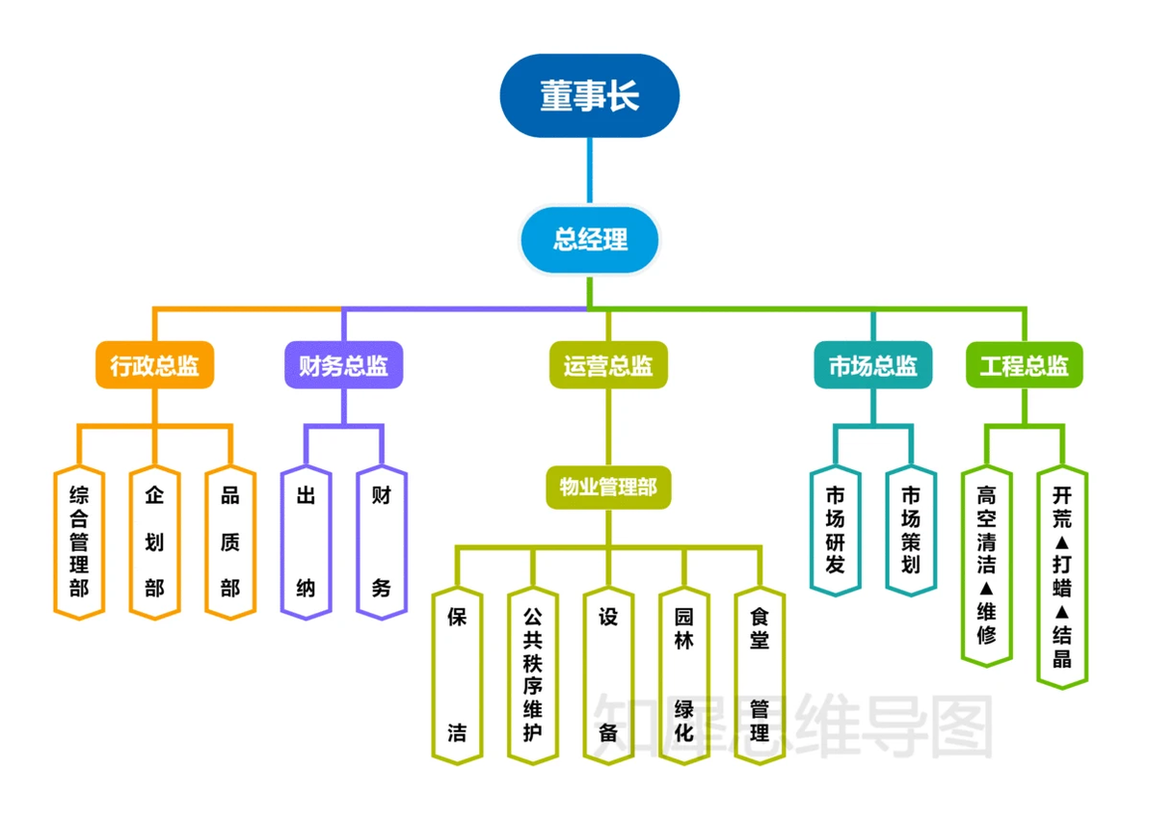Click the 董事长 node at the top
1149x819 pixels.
click(x=589, y=96)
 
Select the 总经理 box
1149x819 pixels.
click(x=590, y=239)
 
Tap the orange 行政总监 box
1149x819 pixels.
click(x=154, y=366)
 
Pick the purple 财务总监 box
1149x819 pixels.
click(x=343, y=366)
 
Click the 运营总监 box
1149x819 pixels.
click(x=608, y=366)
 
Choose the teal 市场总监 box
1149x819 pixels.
click(x=873, y=366)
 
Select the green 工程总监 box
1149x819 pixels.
click(x=1025, y=366)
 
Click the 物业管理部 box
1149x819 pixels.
click(x=608, y=488)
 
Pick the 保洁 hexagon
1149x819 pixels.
click(x=457, y=674)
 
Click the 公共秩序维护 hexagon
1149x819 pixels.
click(x=533, y=674)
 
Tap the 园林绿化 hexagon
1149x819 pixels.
click(x=684, y=674)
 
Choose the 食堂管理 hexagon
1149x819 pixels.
click(x=760, y=674)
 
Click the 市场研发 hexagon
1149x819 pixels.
click(x=835, y=529)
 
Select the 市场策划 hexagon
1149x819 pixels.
click(x=911, y=529)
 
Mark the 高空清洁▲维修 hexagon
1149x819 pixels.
click(x=987, y=565)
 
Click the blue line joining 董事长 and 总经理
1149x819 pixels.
click(x=589, y=171)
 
